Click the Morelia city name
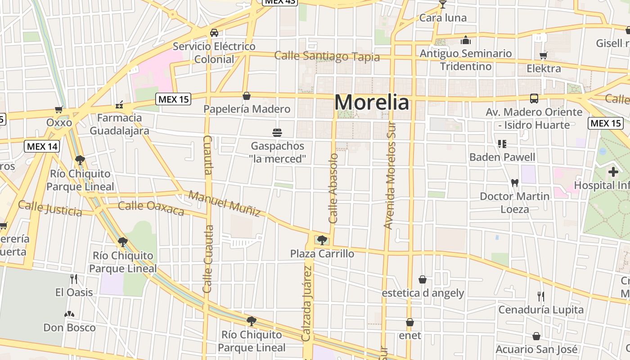pyautogui.click(x=372, y=103)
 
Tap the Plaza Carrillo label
pyautogui.click(x=322, y=253)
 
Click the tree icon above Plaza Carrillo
pyautogui.click(x=322, y=240)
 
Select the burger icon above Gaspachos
pyautogui.click(x=277, y=133)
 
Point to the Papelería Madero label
pyautogui.click(x=247, y=109)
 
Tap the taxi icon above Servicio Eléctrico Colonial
pyautogui.click(x=214, y=33)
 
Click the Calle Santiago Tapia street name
pyautogui.click(x=327, y=57)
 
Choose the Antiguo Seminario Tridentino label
pyautogui.click(x=466, y=60)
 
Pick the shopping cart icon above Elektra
pyautogui.click(x=544, y=56)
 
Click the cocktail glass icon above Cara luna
pyautogui.click(x=443, y=5)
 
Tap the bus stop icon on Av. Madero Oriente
pyautogui.click(x=534, y=99)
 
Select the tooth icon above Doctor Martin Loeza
pyautogui.click(x=515, y=183)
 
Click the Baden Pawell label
pyautogui.click(x=502, y=157)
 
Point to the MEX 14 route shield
pyautogui.click(x=42, y=146)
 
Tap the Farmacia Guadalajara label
pyautogui.click(x=119, y=124)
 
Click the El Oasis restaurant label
pyautogui.click(x=74, y=292)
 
